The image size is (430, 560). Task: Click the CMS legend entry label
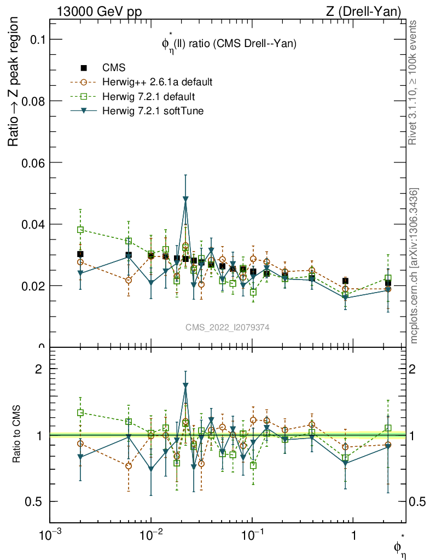(114, 68)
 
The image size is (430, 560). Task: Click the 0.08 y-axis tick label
(34, 101)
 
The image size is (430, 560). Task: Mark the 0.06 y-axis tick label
(34, 163)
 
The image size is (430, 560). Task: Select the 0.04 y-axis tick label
(34, 224)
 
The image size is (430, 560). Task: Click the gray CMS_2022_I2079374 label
(228, 327)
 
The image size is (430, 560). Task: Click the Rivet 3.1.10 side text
(415, 83)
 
